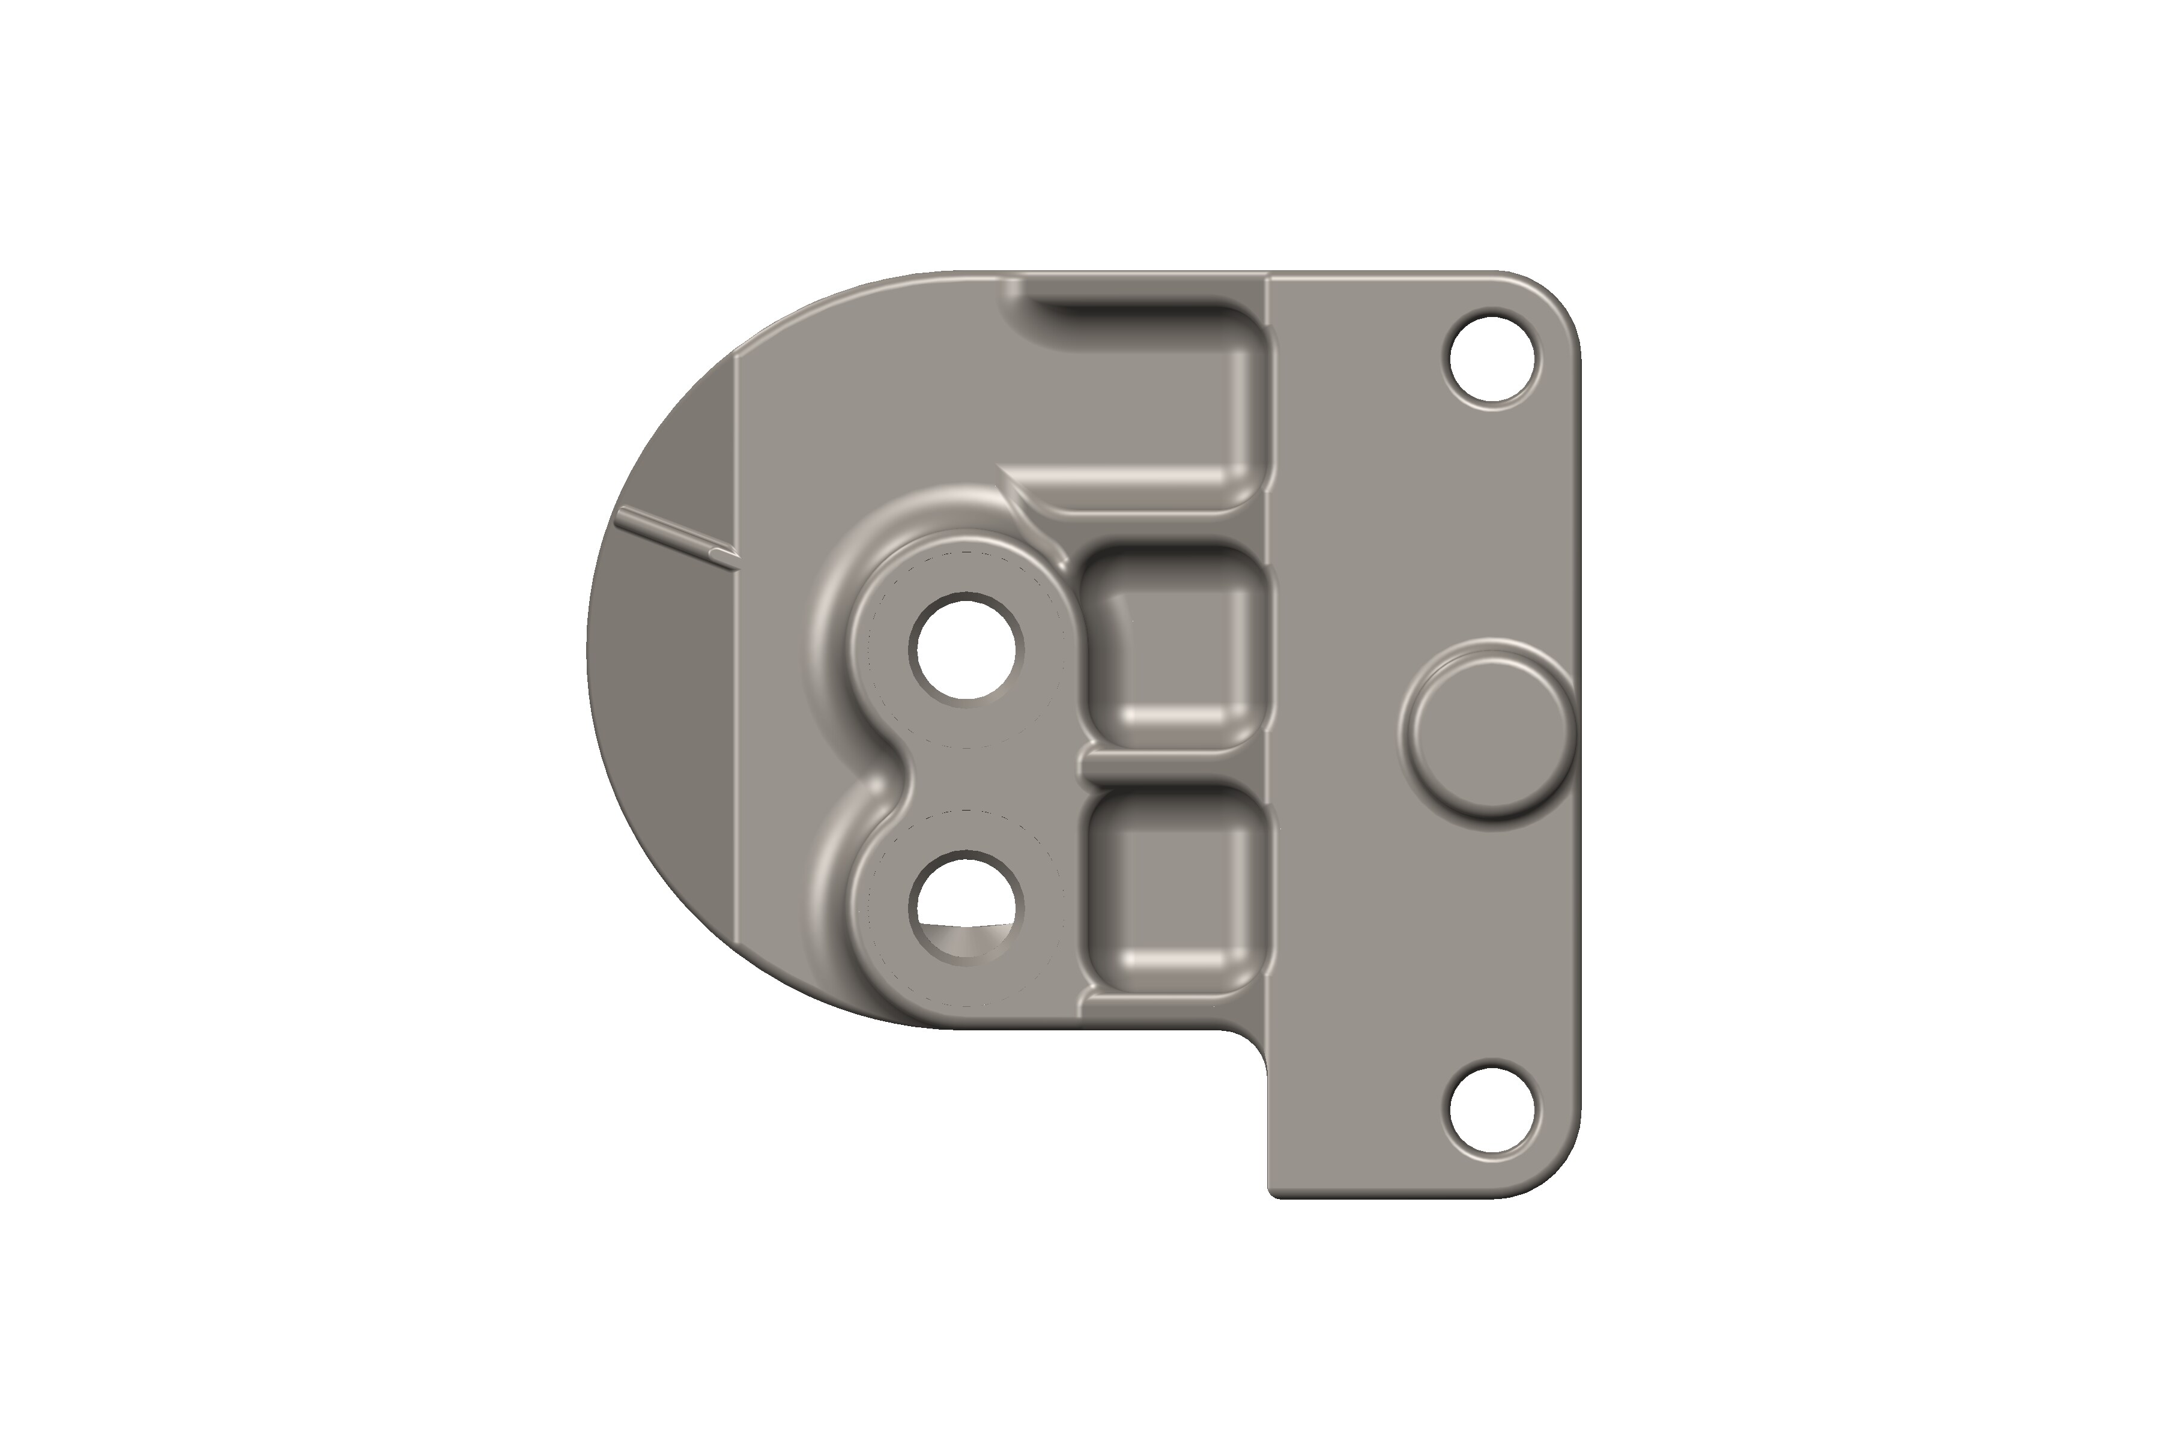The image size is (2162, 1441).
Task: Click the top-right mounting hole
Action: coord(1491,361)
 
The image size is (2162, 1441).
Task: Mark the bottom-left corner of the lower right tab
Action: coord(1276,1191)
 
